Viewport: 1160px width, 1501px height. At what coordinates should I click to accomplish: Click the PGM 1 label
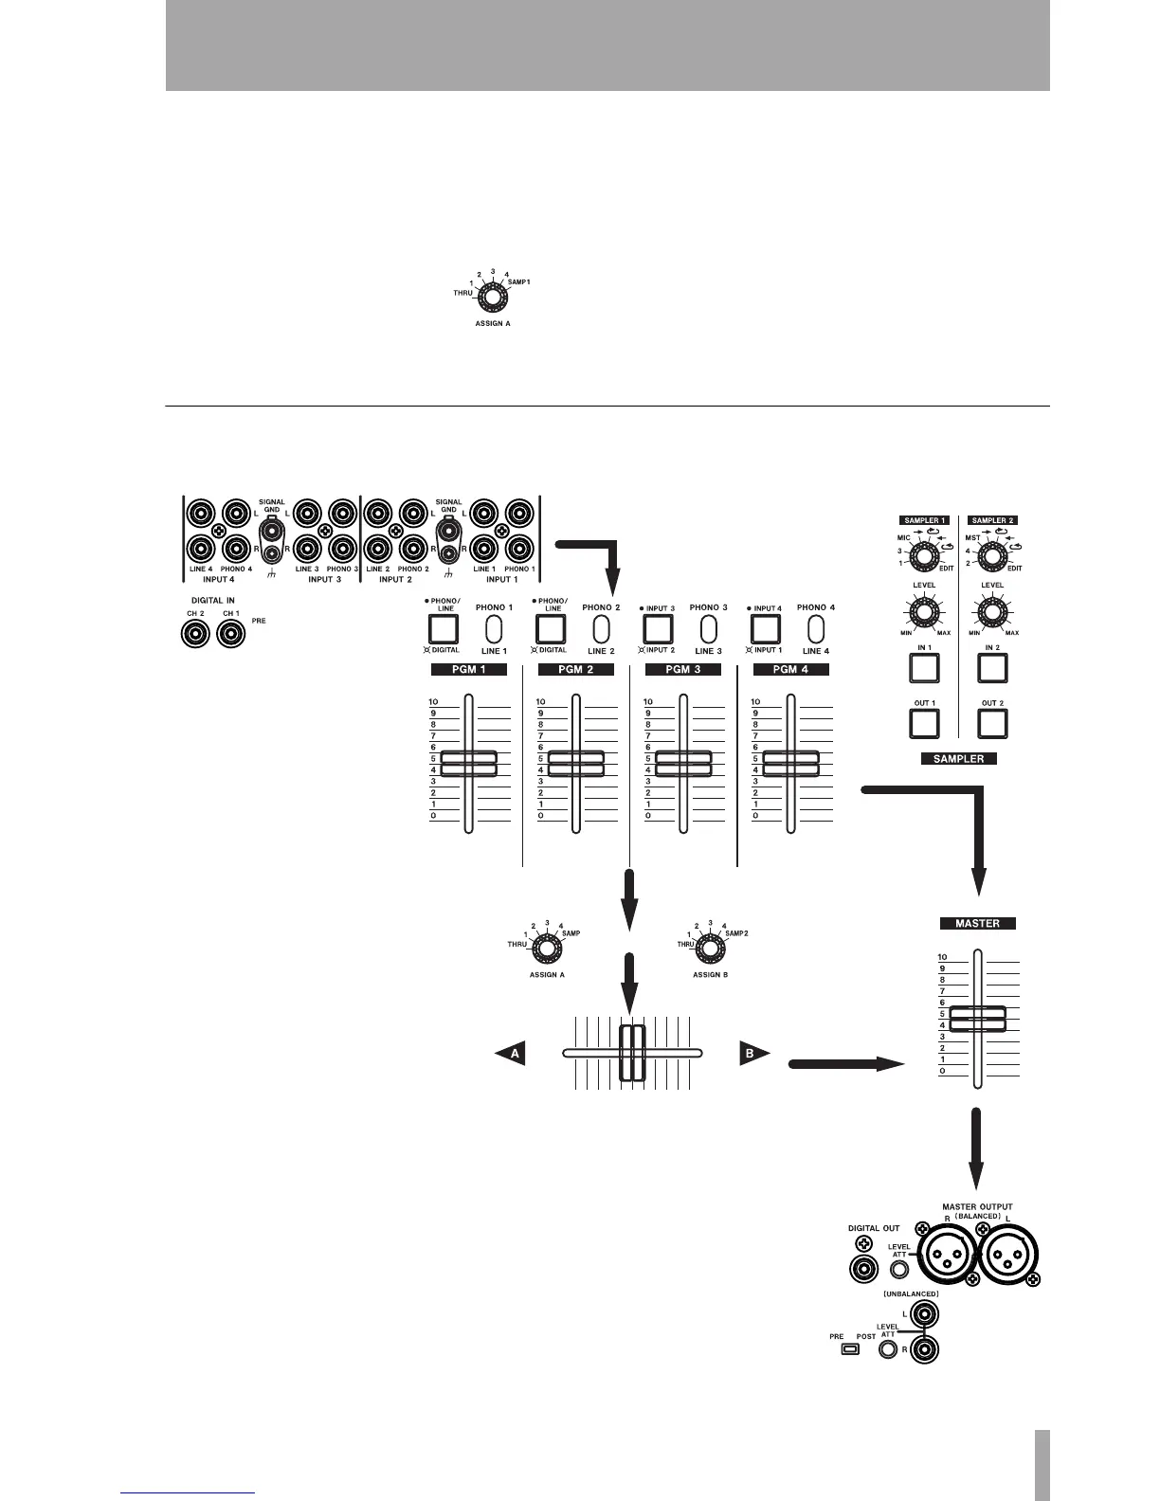[468, 669]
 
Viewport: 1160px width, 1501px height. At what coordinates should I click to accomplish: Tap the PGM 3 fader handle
[683, 763]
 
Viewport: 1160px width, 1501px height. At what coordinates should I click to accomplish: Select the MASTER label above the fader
[977, 923]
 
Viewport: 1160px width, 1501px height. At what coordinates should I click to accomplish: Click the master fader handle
[977, 1019]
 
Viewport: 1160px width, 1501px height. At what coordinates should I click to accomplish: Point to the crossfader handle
[631, 1053]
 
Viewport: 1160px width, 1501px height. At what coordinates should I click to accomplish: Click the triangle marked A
[512, 1053]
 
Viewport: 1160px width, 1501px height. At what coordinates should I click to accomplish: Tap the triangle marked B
[753, 1053]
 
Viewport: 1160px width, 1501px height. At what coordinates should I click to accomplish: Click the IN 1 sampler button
[924, 669]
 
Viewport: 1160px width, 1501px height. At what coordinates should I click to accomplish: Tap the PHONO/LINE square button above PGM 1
[444, 628]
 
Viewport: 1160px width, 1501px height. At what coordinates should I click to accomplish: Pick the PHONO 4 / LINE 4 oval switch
[814, 629]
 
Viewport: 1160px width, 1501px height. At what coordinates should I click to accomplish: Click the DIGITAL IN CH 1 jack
[231, 633]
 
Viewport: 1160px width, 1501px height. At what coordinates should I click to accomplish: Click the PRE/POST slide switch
[850, 1348]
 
